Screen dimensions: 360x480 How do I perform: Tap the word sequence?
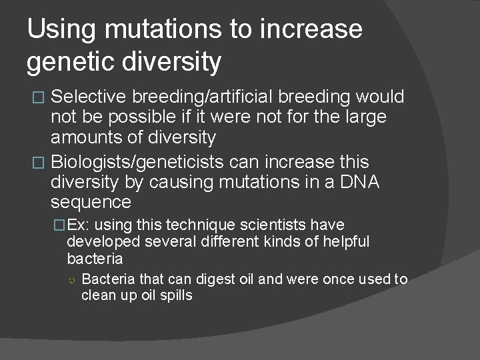pyautogui.click(x=91, y=203)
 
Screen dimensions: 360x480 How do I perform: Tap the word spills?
pyautogui.click(x=176, y=295)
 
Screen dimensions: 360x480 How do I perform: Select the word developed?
pyautogui.click(x=99, y=241)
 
